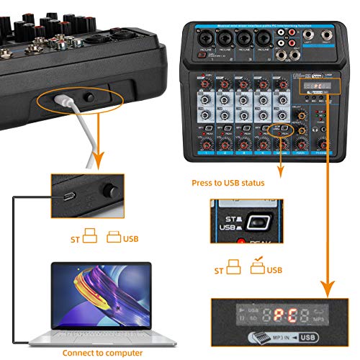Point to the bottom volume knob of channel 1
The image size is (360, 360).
[x=205, y=143]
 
